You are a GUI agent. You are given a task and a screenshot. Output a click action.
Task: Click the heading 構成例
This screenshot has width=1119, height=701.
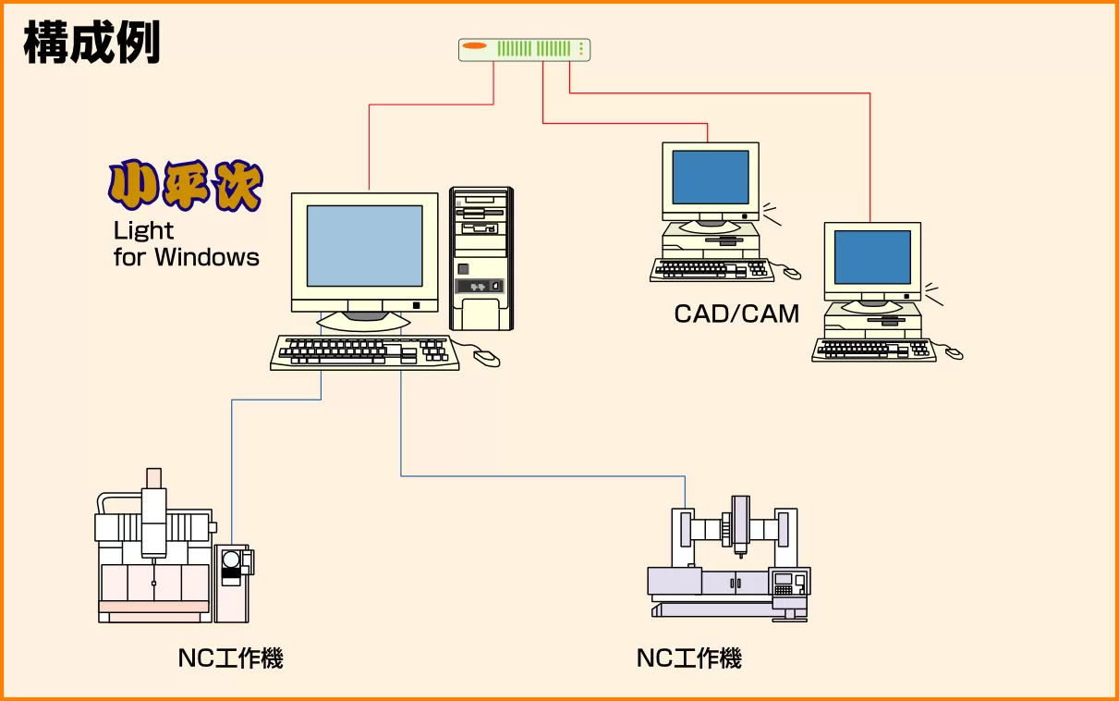click(x=91, y=43)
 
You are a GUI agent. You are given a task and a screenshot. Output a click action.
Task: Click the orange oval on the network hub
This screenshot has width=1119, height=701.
click(x=475, y=46)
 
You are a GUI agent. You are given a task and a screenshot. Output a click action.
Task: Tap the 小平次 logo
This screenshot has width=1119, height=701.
click(x=186, y=187)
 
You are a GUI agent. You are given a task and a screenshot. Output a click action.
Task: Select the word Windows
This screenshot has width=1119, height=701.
click(x=207, y=257)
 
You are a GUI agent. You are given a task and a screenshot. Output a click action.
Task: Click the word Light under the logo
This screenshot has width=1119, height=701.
click(x=143, y=230)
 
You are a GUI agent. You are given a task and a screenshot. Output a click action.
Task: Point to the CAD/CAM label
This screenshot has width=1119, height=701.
click(x=736, y=314)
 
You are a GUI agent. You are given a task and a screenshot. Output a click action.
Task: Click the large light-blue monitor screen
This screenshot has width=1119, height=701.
click(x=364, y=245)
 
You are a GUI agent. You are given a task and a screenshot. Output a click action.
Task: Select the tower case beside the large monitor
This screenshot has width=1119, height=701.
click(x=480, y=258)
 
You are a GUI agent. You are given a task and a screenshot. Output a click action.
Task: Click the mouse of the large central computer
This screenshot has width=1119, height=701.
click(x=486, y=358)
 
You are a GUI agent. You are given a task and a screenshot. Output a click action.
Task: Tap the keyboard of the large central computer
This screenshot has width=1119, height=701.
click(x=364, y=351)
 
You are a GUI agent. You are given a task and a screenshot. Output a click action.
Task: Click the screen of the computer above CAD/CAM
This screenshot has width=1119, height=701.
click(x=710, y=177)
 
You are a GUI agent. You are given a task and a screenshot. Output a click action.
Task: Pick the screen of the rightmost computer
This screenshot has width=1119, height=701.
click(x=872, y=257)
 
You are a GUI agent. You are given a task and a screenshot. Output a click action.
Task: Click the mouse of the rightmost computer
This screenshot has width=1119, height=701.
click(x=953, y=353)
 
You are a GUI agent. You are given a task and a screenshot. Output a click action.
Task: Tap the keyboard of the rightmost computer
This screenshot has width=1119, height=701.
click(x=873, y=350)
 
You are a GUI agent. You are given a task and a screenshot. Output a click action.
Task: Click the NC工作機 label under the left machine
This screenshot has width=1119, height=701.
click(x=230, y=658)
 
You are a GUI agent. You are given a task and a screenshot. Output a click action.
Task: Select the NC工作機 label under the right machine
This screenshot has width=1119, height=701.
click(x=688, y=658)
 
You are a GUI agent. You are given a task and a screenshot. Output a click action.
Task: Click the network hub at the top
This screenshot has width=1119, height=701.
click(x=524, y=50)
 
